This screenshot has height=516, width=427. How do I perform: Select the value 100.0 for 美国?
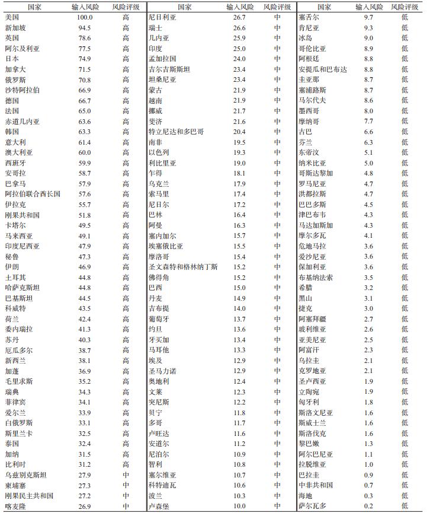85,17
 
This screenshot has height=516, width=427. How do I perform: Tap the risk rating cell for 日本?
126,59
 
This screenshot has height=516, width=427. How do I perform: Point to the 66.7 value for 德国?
85,100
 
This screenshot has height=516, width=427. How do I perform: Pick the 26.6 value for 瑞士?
239,28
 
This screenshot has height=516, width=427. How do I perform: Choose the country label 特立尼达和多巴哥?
175,132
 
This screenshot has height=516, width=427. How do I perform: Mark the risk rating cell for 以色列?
277,152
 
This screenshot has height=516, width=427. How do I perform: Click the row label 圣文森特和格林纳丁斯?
183,267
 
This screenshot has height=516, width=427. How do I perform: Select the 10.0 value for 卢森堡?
239,506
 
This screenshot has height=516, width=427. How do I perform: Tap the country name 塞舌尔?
309,17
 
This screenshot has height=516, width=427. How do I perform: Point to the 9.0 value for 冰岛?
368,38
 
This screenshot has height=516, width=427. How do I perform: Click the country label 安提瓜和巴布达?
323,69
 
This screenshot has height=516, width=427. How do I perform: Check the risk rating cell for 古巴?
405,132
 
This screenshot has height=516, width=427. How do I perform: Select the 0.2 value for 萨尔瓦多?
368,506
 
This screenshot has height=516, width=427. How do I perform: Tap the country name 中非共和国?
316,485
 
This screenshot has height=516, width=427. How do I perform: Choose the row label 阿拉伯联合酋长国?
33,194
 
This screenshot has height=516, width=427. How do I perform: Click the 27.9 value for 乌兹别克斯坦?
85,474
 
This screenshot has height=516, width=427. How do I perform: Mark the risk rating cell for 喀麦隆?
126,506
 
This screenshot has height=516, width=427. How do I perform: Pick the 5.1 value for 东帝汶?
368,152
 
